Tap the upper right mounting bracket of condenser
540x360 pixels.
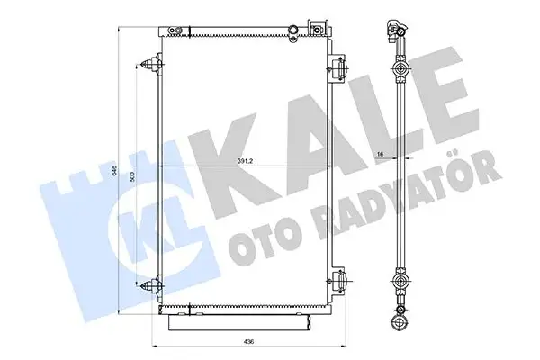339,65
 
